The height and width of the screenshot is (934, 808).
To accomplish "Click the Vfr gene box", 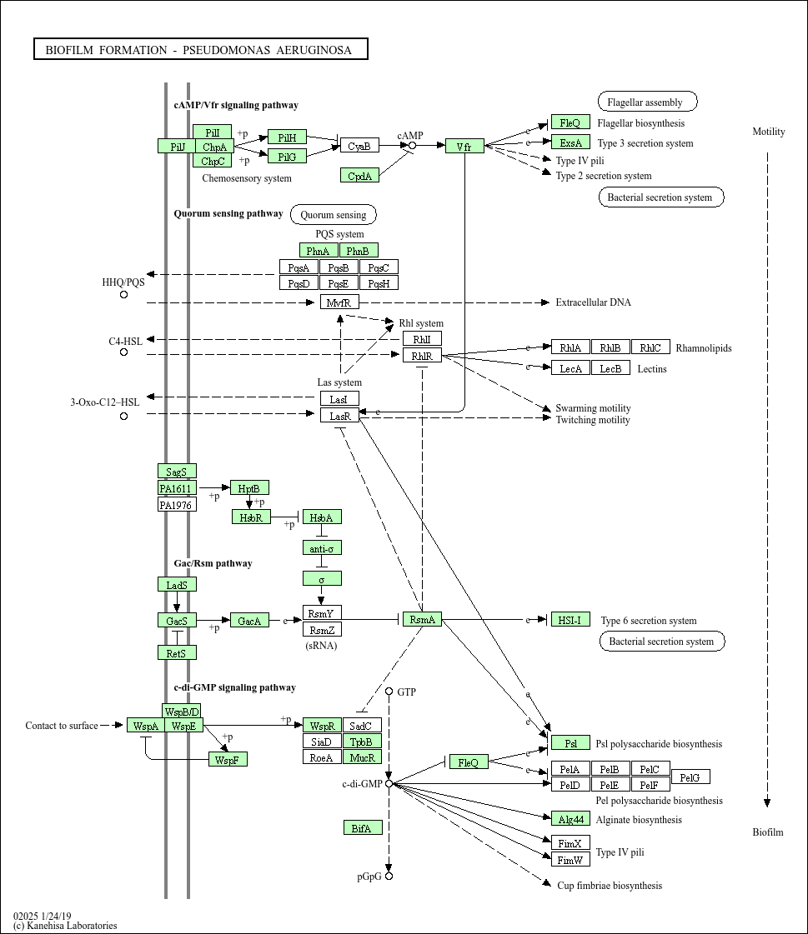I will pyautogui.click(x=464, y=147).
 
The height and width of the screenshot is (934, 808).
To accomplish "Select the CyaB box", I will pyautogui.click(x=359, y=146).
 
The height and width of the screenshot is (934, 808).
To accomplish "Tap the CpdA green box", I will pyautogui.click(x=359, y=175).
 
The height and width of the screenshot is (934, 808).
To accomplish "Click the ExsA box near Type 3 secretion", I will pyautogui.click(x=570, y=142).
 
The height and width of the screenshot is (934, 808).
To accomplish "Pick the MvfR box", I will pyautogui.click(x=339, y=302).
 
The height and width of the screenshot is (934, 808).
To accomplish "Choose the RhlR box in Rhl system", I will pyautogui.click(x=422, y=356).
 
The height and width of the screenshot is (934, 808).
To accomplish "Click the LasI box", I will pyautogui.click(x=339, y=399).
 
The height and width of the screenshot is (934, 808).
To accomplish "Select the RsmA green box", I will pyautogui.click(x=422, y=619).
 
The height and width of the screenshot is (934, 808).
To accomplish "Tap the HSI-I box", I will pyautogui.click(x=570, y=619).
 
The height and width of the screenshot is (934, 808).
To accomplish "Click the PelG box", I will pyautogui.click(x=690, y=777).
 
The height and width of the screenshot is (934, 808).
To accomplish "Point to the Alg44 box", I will pyautogui.click(x=570, y=819).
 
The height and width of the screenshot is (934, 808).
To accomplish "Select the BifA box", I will pyautogui.click(x=363, y=827).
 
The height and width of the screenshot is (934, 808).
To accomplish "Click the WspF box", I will pyautogui.click(x=228, y=760).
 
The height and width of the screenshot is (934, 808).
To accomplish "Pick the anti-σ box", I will pyautogui.click(x=321, y=548).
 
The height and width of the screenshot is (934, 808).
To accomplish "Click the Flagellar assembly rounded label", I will pyautogui.click(x=647, y=102).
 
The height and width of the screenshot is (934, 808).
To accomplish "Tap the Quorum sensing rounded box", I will pyautogui.click(x=334, y=214).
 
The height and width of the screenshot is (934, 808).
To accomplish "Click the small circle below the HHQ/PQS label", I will pyautogui.click(x=124, y=294).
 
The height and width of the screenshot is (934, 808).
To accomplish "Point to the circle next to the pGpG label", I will pyautogui.click(x=389, y=877).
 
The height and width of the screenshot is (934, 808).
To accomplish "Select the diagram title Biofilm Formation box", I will pyautogui.click(x=200, y=50).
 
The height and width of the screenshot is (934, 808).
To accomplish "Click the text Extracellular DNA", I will pyautogui.click(x=593, y=302).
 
